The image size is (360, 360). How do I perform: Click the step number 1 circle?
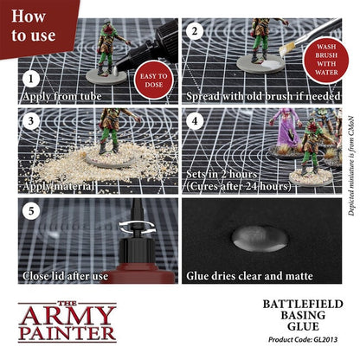pos(32,77)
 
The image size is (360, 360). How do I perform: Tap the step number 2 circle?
pos(196,33)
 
